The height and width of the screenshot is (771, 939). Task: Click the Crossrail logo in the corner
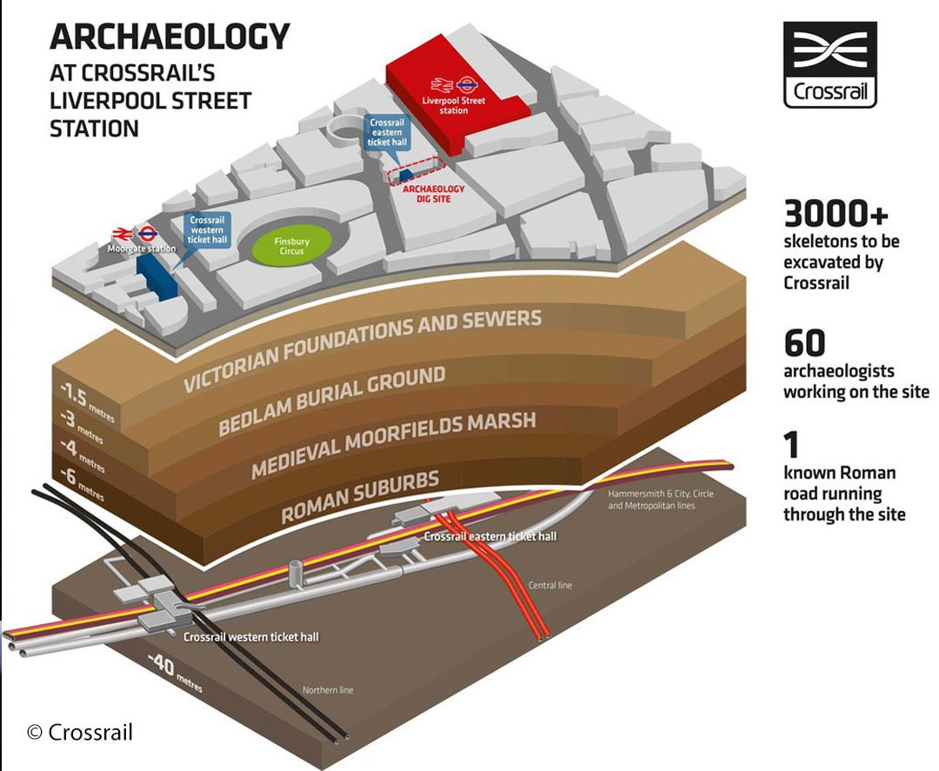(x=829, y=64)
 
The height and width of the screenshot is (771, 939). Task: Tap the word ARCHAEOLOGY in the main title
(x=170, y=37)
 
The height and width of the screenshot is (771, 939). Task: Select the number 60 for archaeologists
(x=803, y=343)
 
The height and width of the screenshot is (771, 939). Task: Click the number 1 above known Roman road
(x=791, y=446)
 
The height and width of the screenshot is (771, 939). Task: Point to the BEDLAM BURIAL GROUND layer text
(x=332, y=401)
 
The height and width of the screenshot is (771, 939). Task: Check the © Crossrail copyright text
(x=80, y=732)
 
